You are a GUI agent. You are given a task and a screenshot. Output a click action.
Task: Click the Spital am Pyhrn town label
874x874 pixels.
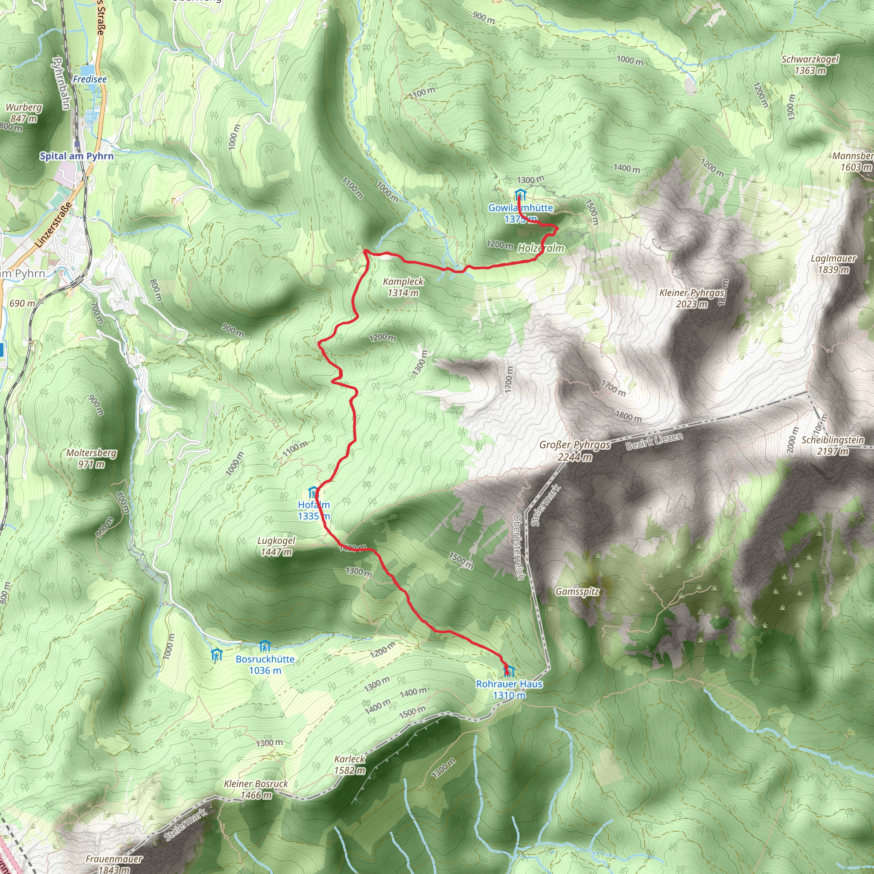click(x=76, y=156)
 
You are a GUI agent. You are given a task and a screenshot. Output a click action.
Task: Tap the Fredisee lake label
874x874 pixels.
click(x=90, y=79)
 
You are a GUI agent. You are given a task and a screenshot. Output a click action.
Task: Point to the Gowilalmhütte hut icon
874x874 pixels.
click(x=520, y=195)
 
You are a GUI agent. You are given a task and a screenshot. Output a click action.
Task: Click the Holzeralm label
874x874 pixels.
click(x=541, y=248)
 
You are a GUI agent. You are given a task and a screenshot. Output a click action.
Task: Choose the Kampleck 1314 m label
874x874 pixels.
click(x=403, y=287)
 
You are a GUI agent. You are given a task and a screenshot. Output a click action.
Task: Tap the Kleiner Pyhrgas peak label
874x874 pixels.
click(x=692, y=298)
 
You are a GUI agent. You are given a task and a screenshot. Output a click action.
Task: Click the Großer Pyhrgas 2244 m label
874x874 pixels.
click(x=575, y=451)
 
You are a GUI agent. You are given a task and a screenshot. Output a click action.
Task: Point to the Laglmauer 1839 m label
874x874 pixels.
click(x=833, y=264)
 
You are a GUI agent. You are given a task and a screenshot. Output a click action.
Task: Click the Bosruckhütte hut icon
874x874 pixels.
click(x=265, y=646)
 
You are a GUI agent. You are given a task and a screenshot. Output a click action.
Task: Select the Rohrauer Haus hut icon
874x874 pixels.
click(x=510, y=670)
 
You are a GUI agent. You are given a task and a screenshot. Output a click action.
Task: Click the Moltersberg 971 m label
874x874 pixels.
click(x=91, y=458)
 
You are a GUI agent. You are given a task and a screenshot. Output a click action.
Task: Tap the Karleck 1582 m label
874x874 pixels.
click(x=350, y=764)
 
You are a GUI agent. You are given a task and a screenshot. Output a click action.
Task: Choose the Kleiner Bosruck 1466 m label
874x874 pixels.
click(x=256, y=790)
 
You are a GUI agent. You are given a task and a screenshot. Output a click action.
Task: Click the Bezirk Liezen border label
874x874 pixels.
click(x=654, y=441)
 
